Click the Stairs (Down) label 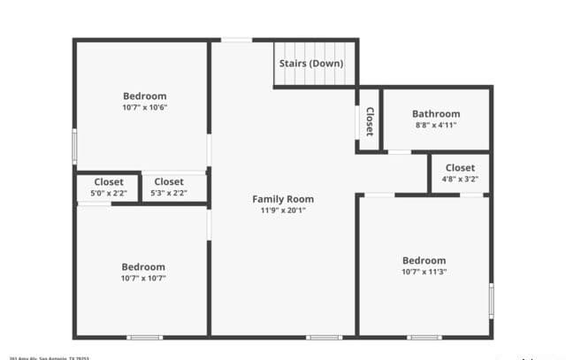311,64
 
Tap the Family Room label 283,199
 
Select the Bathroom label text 435,114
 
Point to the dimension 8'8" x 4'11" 435,126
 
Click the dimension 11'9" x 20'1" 283,211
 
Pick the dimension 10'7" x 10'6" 144,107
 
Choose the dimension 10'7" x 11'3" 424,272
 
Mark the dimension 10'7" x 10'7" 143,278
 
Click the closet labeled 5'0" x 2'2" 108,187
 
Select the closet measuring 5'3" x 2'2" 169,187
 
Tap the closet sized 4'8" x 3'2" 460,172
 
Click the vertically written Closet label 369,121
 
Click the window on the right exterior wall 491,301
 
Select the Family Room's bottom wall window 324,337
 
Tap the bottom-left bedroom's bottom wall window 144,337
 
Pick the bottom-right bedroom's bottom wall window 424,337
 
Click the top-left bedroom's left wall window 74,146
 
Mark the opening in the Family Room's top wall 236,39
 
